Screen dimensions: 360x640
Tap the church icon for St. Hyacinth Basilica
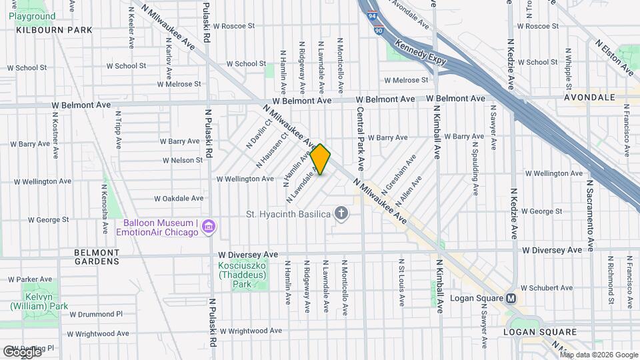point(341,213)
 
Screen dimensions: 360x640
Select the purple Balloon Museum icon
point(209,227)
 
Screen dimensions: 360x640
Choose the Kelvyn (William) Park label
point(39,301)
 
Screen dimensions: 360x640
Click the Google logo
point(21,351)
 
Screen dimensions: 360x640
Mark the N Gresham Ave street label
point(399,170)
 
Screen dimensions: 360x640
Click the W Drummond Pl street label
point(96,313)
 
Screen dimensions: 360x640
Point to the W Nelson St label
point(182,160)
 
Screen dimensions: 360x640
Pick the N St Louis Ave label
point(402,283)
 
